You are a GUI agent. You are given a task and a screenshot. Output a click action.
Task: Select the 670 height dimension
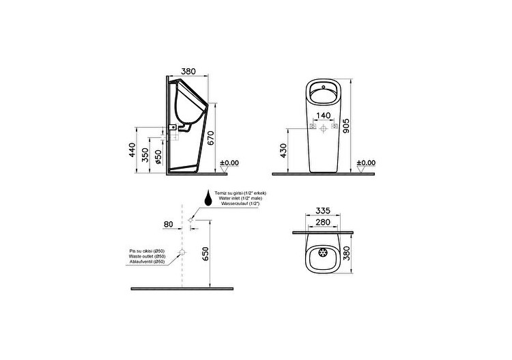pos(211,137)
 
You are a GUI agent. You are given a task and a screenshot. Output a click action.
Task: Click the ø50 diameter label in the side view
pos(158,156)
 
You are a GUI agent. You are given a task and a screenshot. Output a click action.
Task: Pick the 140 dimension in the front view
pos(324,115)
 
